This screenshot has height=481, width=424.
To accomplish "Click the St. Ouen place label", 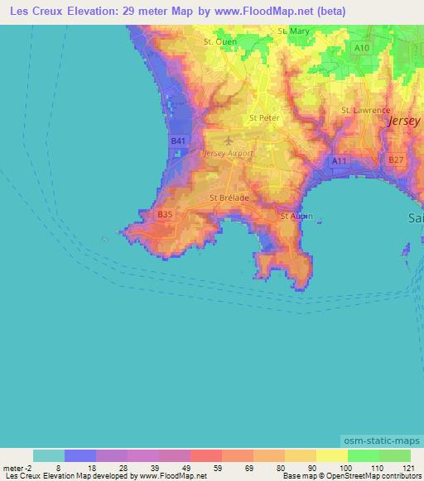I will pos(219,40).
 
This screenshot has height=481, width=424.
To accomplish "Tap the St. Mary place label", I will pos(295,31).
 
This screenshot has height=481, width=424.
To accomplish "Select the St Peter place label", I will pos(264,117).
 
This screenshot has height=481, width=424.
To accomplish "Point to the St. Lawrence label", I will pos(365,110).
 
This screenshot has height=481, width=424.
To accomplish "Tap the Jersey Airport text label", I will pos(229,154).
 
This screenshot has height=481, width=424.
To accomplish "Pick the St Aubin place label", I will pos(296,216).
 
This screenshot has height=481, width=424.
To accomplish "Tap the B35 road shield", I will pos(165,214).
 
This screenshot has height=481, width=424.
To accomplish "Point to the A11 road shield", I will pos(340,160).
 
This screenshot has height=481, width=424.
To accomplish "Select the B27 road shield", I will pos(396,160).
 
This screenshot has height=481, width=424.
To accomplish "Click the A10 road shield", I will pos(362,49).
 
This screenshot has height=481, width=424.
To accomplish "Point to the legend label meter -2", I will pos(17,468).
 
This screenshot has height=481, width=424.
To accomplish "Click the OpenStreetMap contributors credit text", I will pos(376,476).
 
